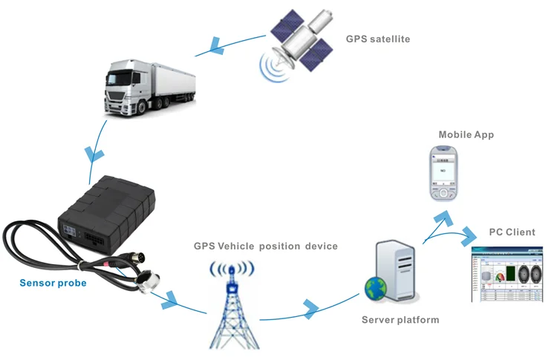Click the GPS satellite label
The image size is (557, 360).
point(377,39)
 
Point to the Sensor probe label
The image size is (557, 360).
point(53,283)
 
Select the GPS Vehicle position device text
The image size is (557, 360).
point(266,246)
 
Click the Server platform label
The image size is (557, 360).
point(400,320)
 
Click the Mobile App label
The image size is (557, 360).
point(466,135)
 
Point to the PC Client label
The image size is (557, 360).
point(512,232)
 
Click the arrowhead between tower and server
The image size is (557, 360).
point(310,307)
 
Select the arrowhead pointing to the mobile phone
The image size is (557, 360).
point(443,217)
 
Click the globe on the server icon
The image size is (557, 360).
point(373,288)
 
